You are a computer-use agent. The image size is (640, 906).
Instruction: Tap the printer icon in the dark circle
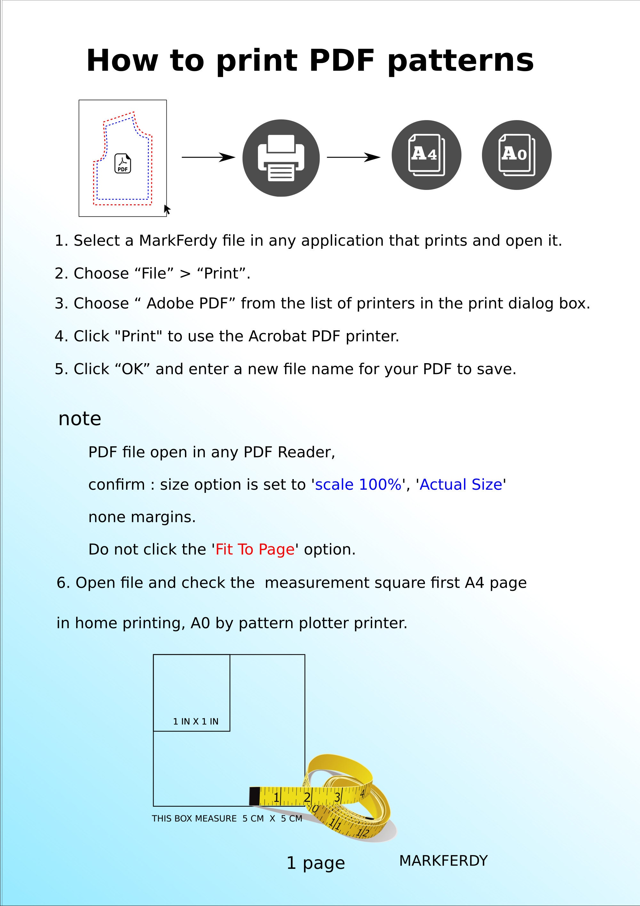pyautogui.click(x=281, y=158)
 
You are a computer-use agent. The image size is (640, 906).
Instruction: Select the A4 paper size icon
pyautogui.click(x=426, y=155)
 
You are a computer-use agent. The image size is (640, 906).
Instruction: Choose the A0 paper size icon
pyautogui.click(x=516, y=155)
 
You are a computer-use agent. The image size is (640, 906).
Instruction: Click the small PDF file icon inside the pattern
pyautogui.click(x=123, y=163)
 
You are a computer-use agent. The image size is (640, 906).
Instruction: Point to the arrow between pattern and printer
pyautogui.click(x=208, y=157)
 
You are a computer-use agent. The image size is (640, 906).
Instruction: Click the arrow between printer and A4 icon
pyautogui.click(x=354, y=157)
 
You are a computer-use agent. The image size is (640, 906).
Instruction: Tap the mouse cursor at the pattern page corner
pyautogui.click(x=167, y=209)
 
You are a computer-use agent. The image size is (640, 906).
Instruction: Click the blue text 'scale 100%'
pyautogui.click(x=358, y=485)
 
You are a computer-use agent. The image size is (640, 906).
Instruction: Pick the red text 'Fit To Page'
pyautogui.click(x=255, y=550)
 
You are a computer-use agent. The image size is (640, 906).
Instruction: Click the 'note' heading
pyautogui.click(x=80, y=419)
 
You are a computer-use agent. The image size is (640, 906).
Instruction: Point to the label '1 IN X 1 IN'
pyautogui.click(x=196, y=721)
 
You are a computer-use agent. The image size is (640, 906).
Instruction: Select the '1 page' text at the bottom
pyautogui.click(x=316, y=863)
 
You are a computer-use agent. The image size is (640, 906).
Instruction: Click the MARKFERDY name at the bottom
pyautogui.click(x=444, y=861)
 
